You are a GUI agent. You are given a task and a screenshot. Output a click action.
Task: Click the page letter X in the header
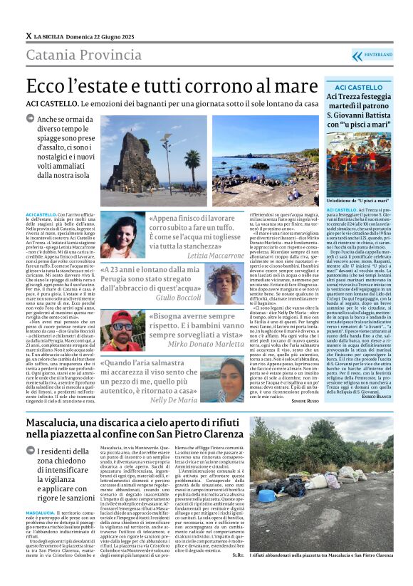pos(28,36)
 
